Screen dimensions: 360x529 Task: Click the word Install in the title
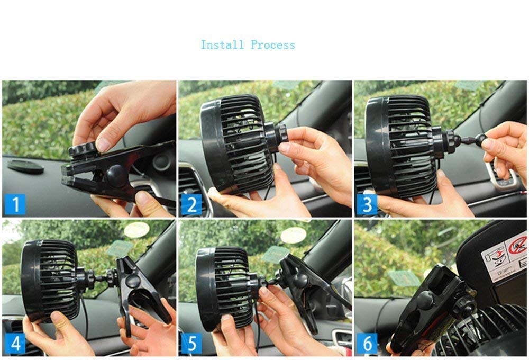point(223,45)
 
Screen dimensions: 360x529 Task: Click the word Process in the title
point(273,45)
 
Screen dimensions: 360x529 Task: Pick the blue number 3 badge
point(367,204)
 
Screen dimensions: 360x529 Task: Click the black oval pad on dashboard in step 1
point(25,166)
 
